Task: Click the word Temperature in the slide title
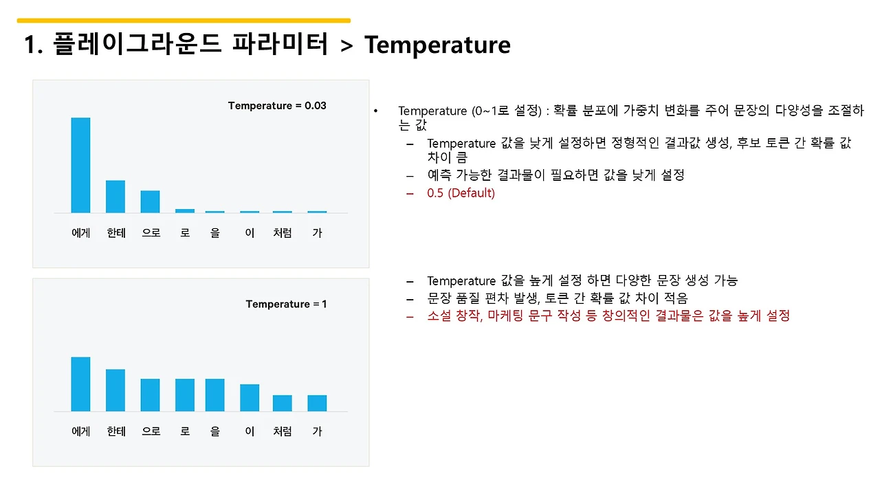click(437, 45)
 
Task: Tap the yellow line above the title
click(184, 21)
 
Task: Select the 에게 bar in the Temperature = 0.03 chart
click(80, 165)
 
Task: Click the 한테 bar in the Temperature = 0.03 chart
click(115, 197)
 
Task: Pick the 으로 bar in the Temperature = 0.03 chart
click(150, 201)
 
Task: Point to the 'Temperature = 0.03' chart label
click(277, 106)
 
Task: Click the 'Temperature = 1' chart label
click(286, 304)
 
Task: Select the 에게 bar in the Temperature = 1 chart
click(80, 384)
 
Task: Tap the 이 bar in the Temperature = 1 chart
click(250, 397)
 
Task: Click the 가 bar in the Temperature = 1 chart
click(317, 403)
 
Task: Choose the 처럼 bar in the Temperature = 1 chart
click(282, 403)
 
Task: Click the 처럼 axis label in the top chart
click(282, 233)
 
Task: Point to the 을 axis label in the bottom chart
click(215, 432)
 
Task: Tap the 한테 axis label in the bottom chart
click(115, 432)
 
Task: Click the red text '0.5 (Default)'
click(461, 193)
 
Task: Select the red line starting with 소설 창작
click(608, 316)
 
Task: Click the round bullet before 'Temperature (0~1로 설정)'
click(376, 111)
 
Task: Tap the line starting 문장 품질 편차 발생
click(557, 298)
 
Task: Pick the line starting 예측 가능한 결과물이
click(555, 175)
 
